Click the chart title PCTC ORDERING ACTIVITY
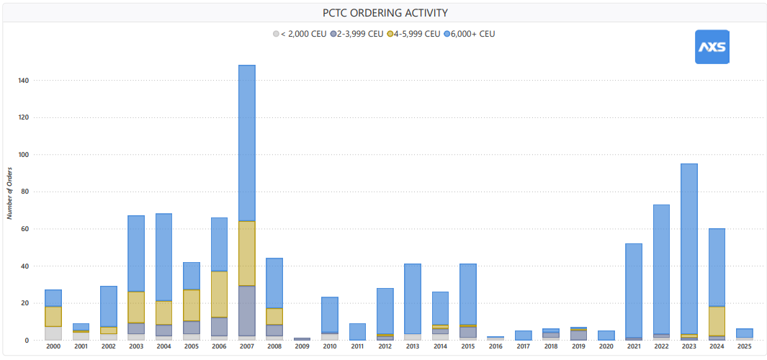[385, 13]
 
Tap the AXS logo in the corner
[712, 47]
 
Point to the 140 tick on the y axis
[24, 80]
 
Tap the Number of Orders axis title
[9, 192]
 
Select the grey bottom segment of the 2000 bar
[53, 333]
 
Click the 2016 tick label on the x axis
[495, 346]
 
